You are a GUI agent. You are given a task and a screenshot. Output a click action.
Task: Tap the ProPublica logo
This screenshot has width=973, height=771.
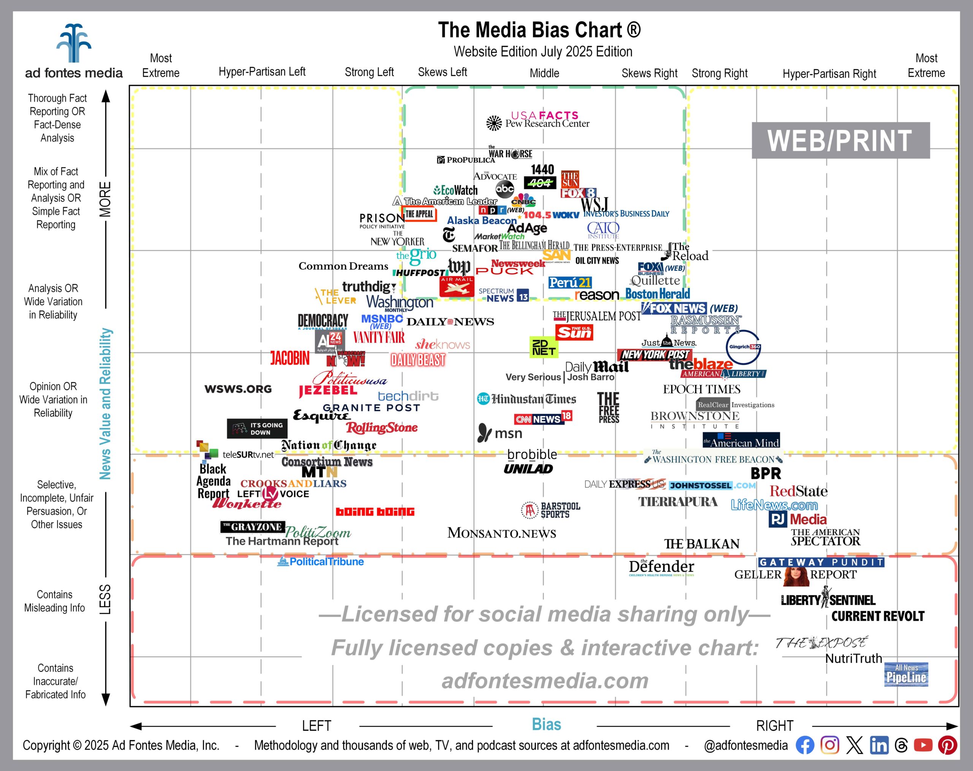[465, 160]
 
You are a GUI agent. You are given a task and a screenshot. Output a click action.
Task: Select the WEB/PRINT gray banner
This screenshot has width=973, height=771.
[840, 140]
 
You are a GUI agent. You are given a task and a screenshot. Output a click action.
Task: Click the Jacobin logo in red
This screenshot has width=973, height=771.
[290, 359]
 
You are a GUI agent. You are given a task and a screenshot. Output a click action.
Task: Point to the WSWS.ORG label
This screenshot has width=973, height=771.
[238, 389]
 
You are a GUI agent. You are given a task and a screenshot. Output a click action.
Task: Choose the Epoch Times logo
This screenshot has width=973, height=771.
[701, 389]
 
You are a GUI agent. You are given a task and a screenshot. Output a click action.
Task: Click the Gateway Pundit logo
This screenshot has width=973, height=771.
[821, 562]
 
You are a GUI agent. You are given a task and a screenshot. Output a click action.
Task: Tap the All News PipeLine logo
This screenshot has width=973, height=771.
[906, 674]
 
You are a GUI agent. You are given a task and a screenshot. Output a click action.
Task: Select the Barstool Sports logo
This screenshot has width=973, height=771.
[551, 510]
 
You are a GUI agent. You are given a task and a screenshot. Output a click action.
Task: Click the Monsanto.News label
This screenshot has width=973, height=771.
[501, 533]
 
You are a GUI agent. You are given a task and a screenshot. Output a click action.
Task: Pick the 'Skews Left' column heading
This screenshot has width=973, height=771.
[442, 72]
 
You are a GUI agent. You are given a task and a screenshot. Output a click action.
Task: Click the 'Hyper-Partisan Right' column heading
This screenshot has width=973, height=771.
[829, 74]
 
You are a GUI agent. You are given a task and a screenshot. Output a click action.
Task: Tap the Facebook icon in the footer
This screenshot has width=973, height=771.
[805, 745]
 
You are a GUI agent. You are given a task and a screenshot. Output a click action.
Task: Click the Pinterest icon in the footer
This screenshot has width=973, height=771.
[947, 745]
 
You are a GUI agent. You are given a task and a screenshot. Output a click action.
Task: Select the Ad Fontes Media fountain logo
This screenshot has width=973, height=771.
[74, 43]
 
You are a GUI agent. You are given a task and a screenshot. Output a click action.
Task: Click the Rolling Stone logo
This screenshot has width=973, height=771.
[382, 427]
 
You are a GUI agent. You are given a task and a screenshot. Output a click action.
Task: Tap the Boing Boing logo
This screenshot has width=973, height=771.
[375, 511]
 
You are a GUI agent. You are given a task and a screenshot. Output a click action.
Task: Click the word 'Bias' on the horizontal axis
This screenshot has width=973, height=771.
[546, 724]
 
